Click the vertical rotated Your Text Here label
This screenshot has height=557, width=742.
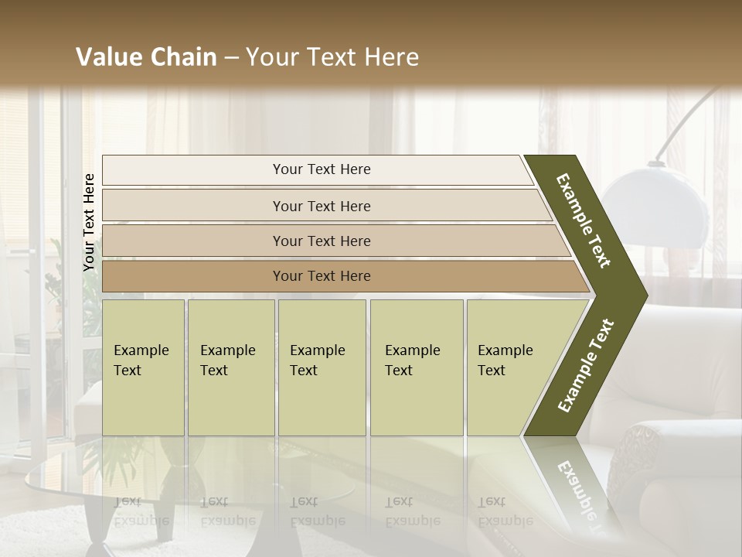[x=89, y=222]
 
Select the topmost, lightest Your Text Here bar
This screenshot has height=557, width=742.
[x=317, y=170]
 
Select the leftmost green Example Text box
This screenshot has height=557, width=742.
[x=143, y=367]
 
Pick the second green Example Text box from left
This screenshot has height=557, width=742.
[x=230, y=367]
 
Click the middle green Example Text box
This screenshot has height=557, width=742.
[x=322, y=367]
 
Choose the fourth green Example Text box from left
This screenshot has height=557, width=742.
[x=416, y=367]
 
